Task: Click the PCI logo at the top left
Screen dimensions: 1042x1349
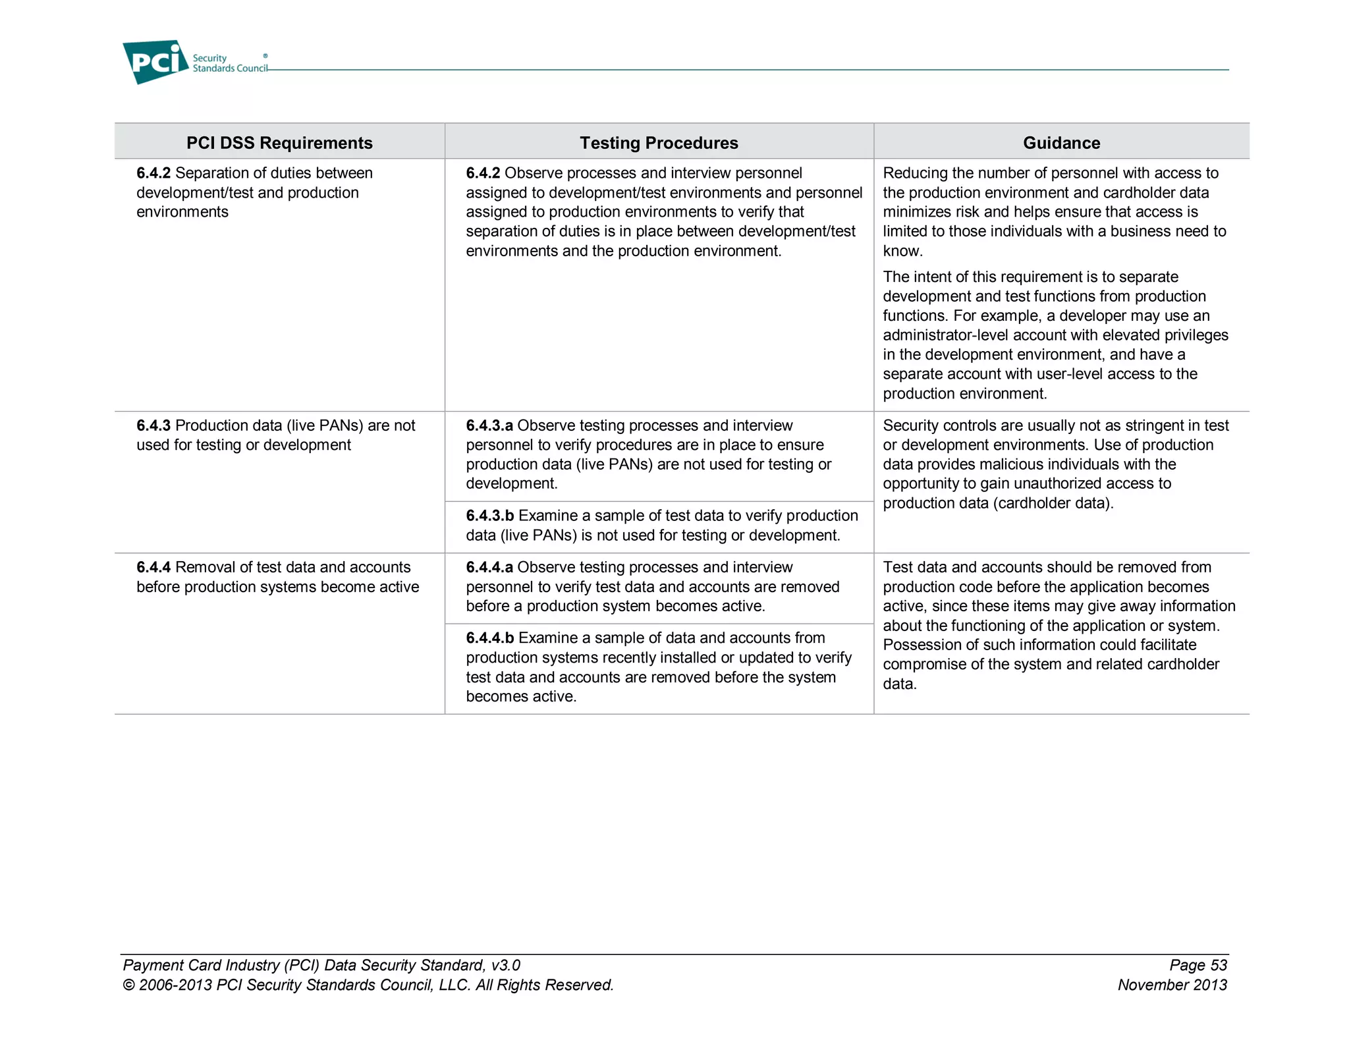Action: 155,62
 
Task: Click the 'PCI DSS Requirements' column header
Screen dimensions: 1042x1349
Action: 279,143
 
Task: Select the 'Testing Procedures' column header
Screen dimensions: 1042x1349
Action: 659,143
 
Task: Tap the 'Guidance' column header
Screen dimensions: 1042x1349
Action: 1061,143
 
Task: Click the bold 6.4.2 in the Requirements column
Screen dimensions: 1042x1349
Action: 153,173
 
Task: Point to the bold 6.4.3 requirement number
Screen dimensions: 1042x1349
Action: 153,425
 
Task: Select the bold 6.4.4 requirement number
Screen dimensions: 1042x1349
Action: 153,567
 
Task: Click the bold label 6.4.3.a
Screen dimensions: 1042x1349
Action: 489,425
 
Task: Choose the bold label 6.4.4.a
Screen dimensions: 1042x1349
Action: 489,567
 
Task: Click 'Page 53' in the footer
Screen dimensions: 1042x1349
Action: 1198,965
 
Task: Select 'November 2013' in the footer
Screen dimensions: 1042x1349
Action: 1172,985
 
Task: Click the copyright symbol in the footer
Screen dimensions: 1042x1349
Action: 128,985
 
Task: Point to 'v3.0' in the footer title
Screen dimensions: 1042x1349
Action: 505,965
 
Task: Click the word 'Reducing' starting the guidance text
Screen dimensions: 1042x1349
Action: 913,173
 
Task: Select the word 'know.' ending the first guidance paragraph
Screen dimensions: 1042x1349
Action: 902,251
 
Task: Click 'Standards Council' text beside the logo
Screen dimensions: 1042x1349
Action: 230,69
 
